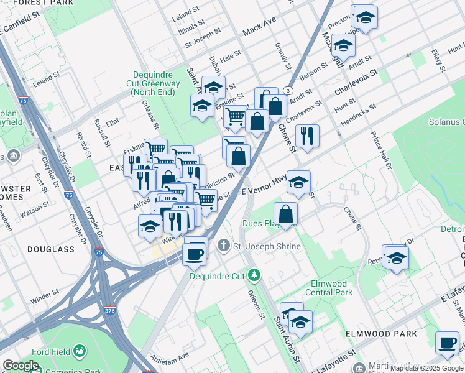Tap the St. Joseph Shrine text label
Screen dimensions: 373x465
point(267,246)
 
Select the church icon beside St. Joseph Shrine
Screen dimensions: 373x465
point(224,246)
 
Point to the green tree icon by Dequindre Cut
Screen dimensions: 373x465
point(254,275)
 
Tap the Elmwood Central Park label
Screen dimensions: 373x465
point(331,287)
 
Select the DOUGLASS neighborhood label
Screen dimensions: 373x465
point(50,249)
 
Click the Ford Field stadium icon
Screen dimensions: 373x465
point(80,351)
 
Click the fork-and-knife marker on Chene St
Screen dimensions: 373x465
point(307,136)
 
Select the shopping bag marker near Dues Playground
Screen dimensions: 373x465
point(285,214)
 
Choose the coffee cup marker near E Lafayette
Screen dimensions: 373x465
point(447,343)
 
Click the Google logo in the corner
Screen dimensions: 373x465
point(21,366)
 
